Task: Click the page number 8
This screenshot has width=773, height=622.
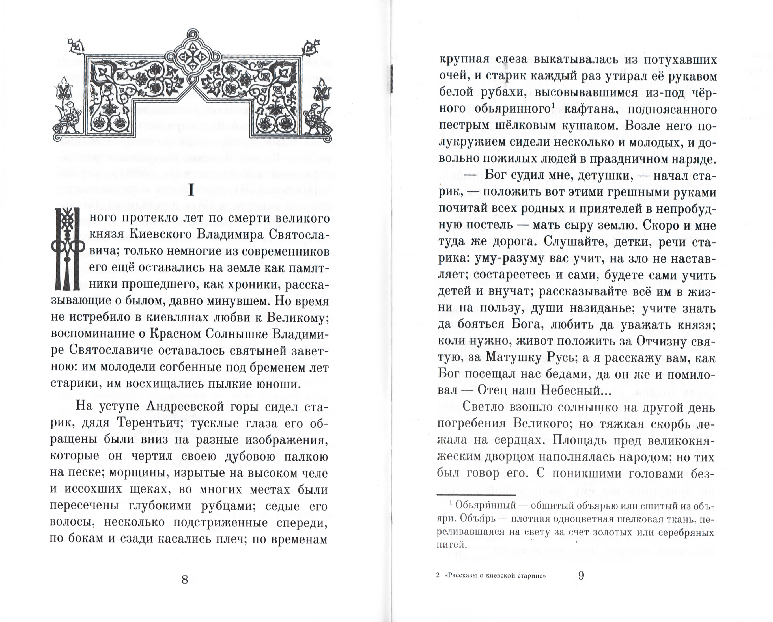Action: coord(185,579)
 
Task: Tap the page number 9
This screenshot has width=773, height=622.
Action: coord(581,575)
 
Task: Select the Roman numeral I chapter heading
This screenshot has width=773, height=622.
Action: coord(191,191)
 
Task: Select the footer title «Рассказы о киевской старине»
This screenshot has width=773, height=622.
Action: coord(495,575)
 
